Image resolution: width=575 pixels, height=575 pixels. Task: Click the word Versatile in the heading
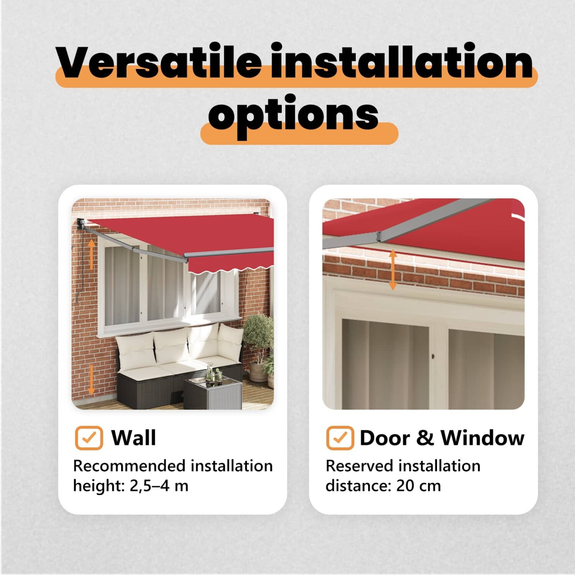(158, 61)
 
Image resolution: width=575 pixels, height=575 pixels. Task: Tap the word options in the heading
(293, 115)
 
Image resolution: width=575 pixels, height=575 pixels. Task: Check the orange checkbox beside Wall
(89, 438)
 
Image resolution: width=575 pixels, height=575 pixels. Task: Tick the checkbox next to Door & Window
(340, 438)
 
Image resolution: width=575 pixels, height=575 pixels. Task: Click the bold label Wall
(133, 437)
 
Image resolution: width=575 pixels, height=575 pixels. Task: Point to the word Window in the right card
(482, 437)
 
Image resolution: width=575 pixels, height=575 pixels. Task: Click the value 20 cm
(419, 486)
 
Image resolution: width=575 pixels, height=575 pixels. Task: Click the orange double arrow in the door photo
(393, 269)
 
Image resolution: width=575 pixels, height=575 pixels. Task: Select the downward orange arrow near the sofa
(91, 379)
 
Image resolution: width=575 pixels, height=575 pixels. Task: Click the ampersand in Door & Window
(425, 438)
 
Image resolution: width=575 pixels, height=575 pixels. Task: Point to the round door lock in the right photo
(433, 357)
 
